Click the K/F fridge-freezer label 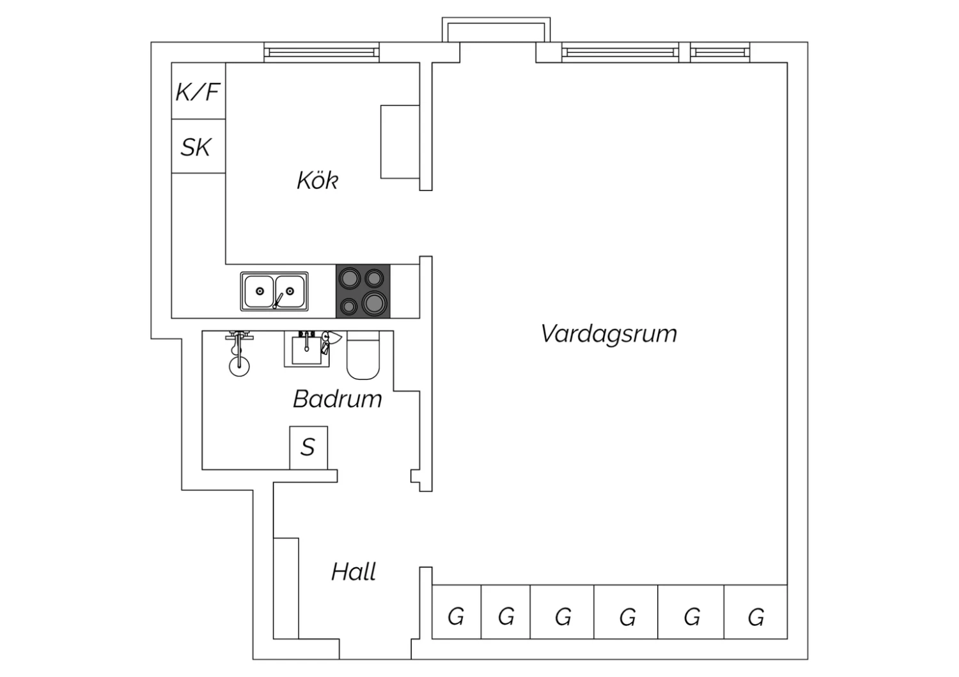(198, 92)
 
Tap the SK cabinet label (196, 148)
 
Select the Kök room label (318, 180)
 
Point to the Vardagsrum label (609, 334)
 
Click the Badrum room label (338, 399)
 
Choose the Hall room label (354, 572)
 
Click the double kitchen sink (274, 291)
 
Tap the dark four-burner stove (363, 291)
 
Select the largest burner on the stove (375, 303)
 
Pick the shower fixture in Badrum (239, 353)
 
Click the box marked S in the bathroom (309, 448)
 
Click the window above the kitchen (322, 52)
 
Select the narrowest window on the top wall (720, 52)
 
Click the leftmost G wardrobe (456, 612)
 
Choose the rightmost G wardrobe (756, 612)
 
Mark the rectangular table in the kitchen (400, 142)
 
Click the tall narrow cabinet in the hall (286, 588)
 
